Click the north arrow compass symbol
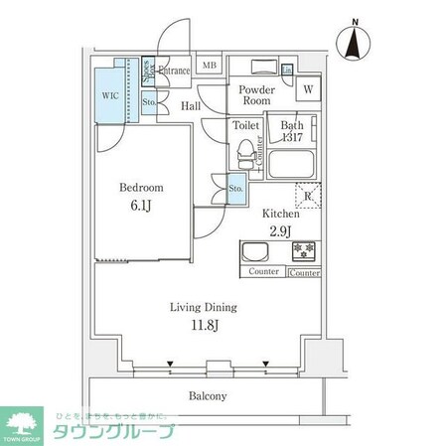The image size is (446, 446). coord(355,42)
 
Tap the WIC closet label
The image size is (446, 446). coord(109,96)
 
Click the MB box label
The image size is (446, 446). coord(210,67)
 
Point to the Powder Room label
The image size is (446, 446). coord(254,95)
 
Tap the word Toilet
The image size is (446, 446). coord(245,126)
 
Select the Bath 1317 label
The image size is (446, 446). coord(292,131)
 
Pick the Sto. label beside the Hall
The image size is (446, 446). coord(149,101)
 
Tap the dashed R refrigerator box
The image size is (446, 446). coord(309,197)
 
